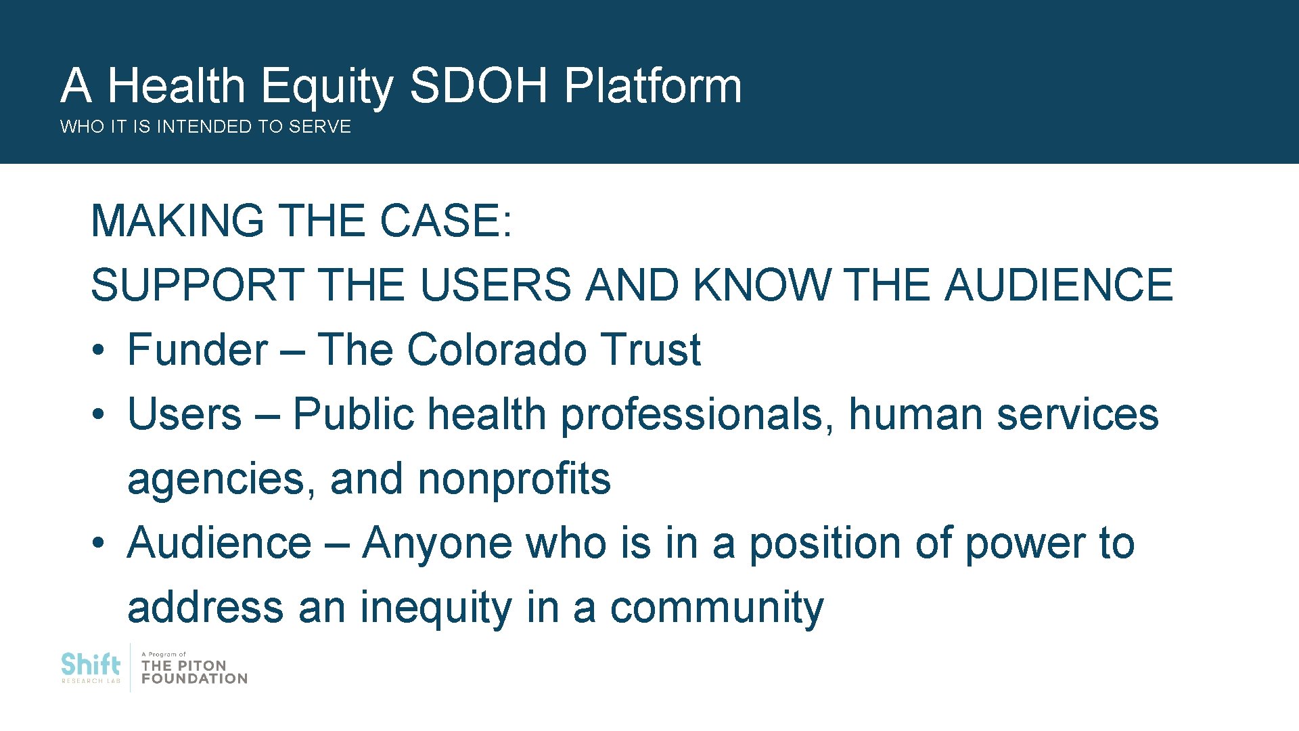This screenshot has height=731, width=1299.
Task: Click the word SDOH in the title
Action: pyautogui.click(x=478, y=86)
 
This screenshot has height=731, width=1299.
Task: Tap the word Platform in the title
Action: pyautogui.click(x=653, y=87)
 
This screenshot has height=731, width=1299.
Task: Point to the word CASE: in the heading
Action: pyautogui.click(x=446, y=221)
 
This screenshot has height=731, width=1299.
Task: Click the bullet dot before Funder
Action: pyautogui.click(x=99, y=351)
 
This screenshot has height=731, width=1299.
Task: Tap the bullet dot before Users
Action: pyautogui.click(x=99, y=415)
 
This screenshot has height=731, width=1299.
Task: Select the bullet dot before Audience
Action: pyautogui.click(x=99, y=544)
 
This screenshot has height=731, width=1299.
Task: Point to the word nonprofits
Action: pyautogui.click(x=514, y=479)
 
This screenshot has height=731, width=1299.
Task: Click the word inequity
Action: pyautogui.click(x=436, y=607)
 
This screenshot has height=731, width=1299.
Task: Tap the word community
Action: pyautogui.click(x=717, y=607)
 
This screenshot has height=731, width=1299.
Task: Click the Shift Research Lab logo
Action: pyautogui.click(x=91, y=667)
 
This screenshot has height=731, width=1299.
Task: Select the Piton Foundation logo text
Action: pyautogui.click(x=193, y=670)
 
